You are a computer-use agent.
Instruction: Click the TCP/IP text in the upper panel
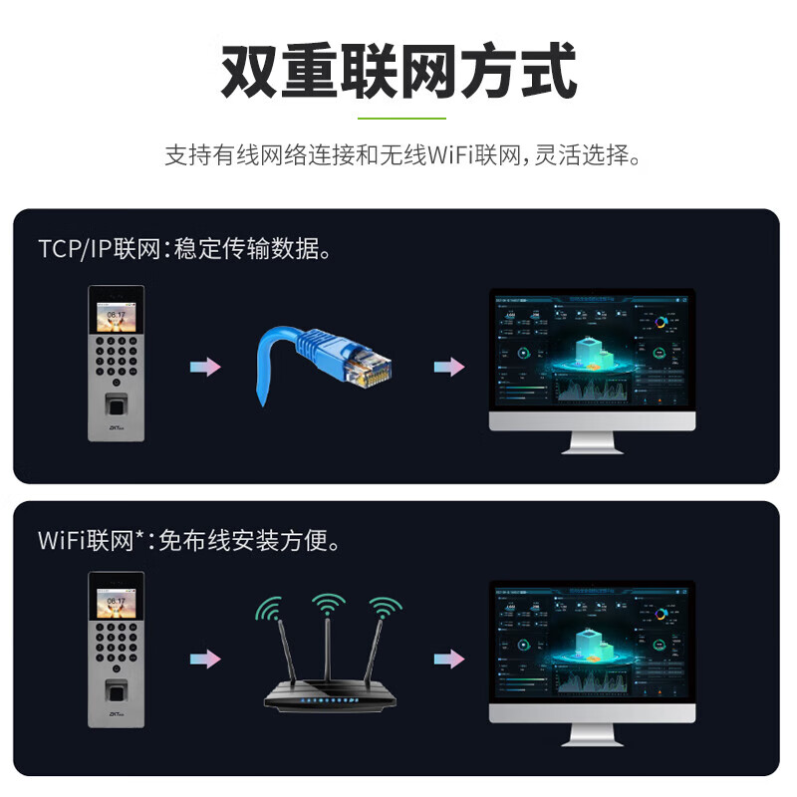(76, 249)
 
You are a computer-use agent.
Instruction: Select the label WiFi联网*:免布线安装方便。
(189, 541)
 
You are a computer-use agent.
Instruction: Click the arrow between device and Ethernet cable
(205, 367)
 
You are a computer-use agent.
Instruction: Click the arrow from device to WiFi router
(205, 660)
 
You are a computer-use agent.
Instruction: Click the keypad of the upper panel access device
(117, 359)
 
